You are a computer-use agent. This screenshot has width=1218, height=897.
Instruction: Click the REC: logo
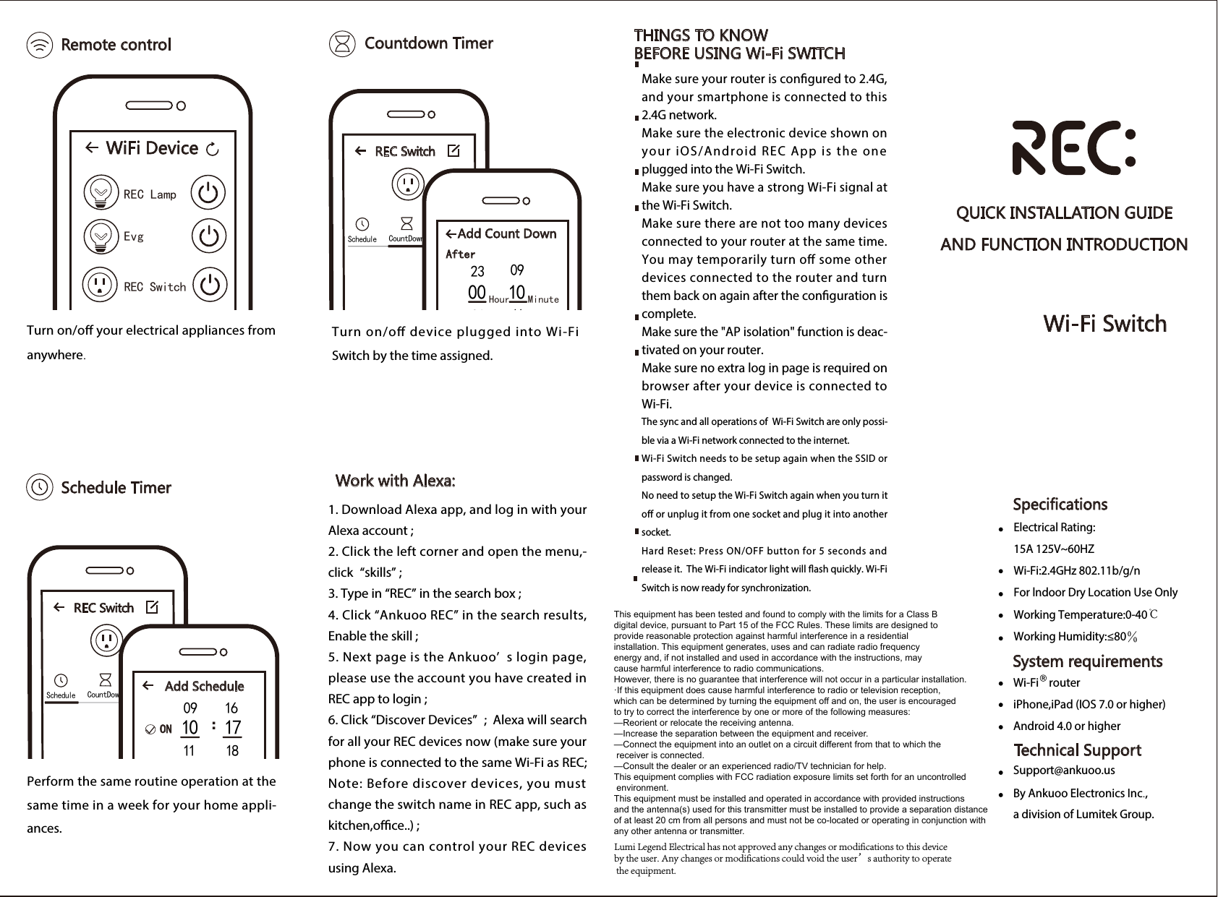click(1073, 149)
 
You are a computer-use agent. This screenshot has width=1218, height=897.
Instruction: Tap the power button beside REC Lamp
click(208, 193)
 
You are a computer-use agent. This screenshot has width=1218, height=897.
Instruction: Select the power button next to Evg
click(208, 236)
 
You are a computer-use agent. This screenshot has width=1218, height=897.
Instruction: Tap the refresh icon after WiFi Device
click(213, 150)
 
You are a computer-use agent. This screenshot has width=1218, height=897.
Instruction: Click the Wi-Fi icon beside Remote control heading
click(39, 45)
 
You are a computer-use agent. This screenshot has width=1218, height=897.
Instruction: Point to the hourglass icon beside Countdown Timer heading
click(342, 43)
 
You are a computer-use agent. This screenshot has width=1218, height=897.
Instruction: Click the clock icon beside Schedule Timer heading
click(39, 487)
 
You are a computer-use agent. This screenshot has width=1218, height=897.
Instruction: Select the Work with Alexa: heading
click(395, 481)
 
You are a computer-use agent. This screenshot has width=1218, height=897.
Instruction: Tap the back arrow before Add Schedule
click(148, 685)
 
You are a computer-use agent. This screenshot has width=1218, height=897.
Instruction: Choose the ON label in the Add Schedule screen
click(166, 729)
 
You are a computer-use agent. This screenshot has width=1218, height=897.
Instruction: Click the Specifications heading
click(1060, 505)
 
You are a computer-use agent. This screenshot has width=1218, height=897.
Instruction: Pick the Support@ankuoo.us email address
click(1063, 771)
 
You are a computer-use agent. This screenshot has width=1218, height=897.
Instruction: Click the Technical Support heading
click(1077, 750)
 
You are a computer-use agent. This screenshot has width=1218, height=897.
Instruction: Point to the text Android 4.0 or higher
click(1066, 726)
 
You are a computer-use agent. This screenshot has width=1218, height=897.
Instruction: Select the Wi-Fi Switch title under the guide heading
click(1104, 324)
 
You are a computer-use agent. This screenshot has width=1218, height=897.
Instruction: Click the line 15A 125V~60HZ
click(1053, 549)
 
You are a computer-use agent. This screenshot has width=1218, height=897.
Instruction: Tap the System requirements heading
click(1087, 661)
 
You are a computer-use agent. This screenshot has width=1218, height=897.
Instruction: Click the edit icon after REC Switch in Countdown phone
click(453, 151)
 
